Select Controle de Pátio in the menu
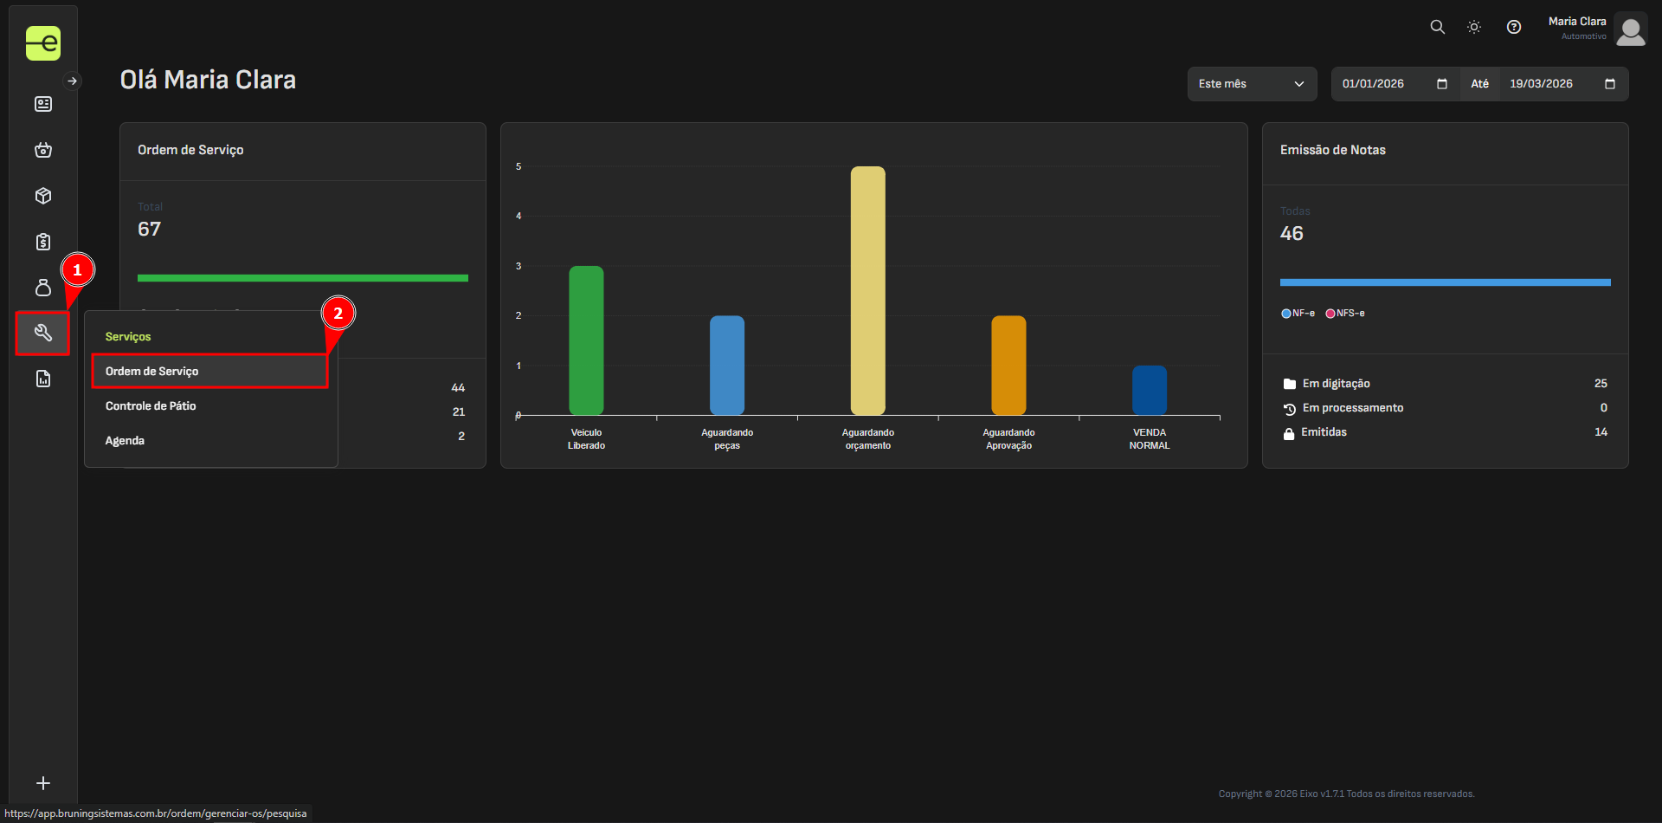(151, 406)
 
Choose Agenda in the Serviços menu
(125, 441)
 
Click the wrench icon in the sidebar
(42, 333)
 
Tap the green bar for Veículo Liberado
(586, 340)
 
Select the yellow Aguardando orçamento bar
(867, 290)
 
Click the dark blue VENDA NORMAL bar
(1149, 390)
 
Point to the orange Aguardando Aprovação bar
(1008, 365)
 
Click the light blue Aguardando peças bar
(727, 365)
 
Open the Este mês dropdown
(1252, 84)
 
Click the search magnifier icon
(1437, 27)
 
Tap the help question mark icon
(1513, 27)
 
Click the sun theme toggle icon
(1474, 27)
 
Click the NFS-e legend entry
(1345, 314)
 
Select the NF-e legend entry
(1298, 314)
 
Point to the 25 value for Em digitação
(1601, 384)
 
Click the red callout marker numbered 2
(338, 314)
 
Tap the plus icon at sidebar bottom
(43, 783)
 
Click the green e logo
(43, 42)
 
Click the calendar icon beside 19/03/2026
(1610, 84)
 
